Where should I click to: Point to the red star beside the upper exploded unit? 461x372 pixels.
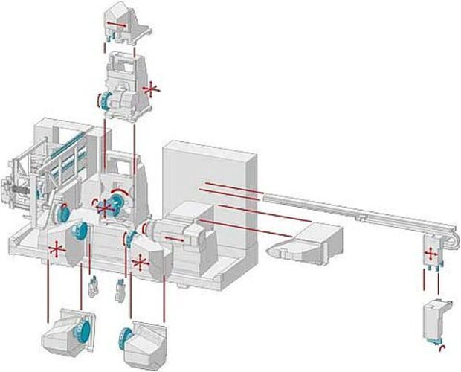point(152,90)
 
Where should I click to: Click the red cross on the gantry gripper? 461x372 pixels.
point(430,253)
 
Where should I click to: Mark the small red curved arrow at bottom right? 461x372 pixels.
point(442,348)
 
